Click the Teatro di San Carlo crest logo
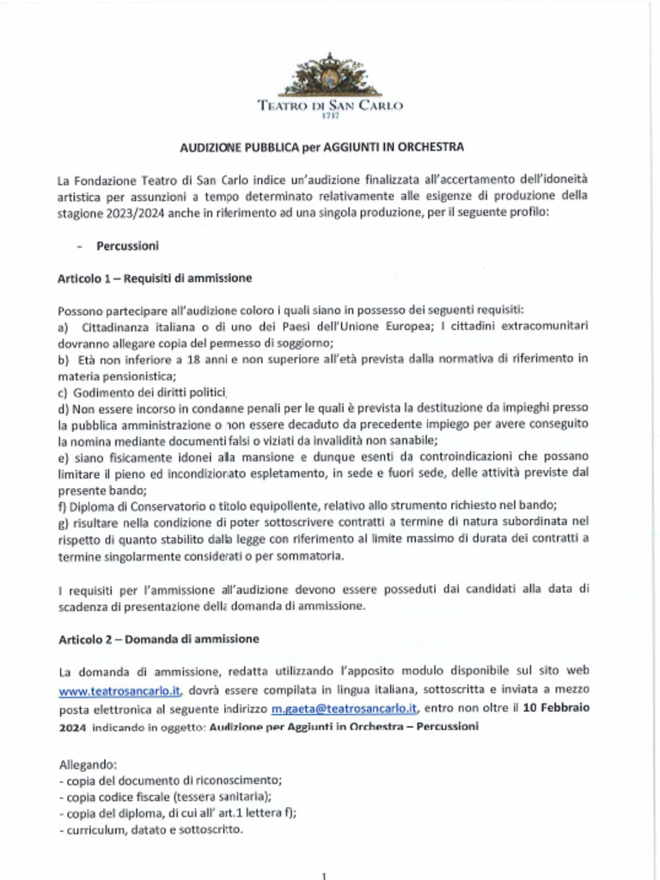click(x=330, y=75)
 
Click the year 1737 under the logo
click(x=330, y=115)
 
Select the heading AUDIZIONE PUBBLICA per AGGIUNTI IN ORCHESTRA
click(x=321, y=147)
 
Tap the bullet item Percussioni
click(x=127, y=246)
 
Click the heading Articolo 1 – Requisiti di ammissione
click(x=155, y=278)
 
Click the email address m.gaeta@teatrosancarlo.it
click(x=344, y=709)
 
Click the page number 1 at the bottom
click(x=323, y=875)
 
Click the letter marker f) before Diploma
click(x=64, y=506)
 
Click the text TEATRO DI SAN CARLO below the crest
click(x=330, y=106)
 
